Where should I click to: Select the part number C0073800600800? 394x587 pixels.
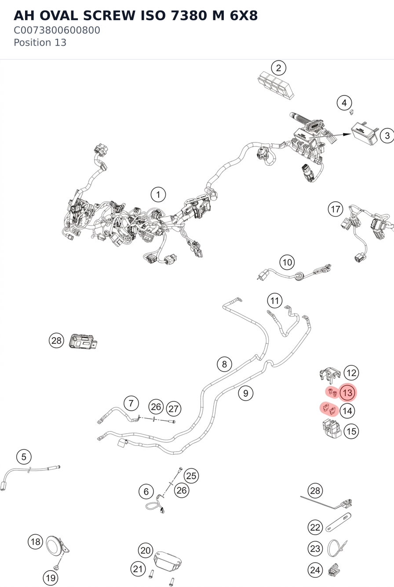tap(57, 30)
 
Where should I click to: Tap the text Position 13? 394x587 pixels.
tap(40, 43)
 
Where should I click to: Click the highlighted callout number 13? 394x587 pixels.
tap(347, 393)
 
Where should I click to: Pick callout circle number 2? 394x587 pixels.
tap(278, 68)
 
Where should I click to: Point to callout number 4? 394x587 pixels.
tap(344, 103)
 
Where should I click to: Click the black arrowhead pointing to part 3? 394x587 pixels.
tap(347, 135)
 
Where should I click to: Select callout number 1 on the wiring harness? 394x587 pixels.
tap(158, 195)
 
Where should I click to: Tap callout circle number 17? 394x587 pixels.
tap(336, 209)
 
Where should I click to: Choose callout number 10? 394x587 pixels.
tap(287, 263)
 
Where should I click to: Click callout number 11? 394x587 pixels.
tap(275, 301)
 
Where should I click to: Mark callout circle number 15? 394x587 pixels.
tap(351, 431)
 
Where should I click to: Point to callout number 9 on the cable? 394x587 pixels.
tap(246, 393)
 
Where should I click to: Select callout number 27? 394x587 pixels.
tap(174, 408)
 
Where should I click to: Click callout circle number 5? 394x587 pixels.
tap(24, 457)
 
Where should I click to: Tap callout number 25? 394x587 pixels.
tap(191, 476)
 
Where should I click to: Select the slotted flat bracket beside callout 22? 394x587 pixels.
tap(339, 522)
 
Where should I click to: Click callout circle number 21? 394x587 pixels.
tap(138, 569)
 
